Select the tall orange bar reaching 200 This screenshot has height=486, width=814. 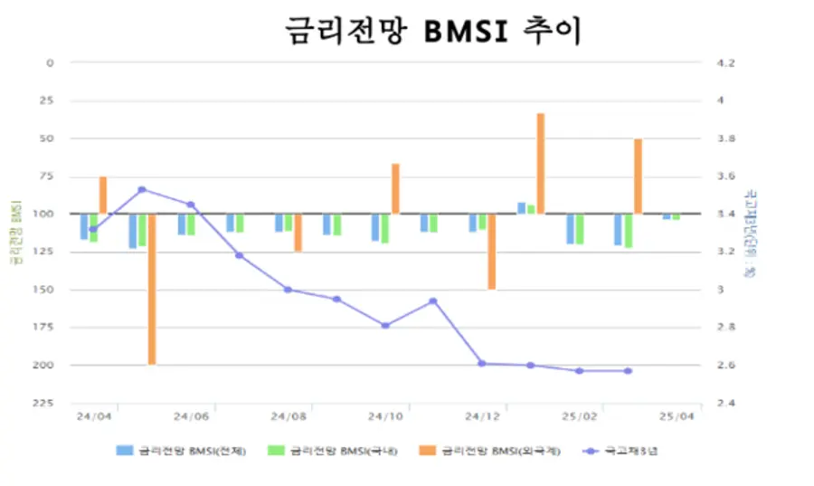(x=152, y=289)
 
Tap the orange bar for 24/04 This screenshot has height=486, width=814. (x=103, y=195)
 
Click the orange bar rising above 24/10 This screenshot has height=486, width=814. (x=395, y=188)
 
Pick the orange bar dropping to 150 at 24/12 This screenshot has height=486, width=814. (x=492, y=252)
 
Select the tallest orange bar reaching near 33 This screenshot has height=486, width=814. (x=541, y=163)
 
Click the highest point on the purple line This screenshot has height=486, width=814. (x=142, y=189)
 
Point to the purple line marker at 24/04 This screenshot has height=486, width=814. (x=93, y=229)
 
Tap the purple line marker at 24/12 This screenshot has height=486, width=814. (x=482, y=363)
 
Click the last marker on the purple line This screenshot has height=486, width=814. (x=628, y=370)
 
